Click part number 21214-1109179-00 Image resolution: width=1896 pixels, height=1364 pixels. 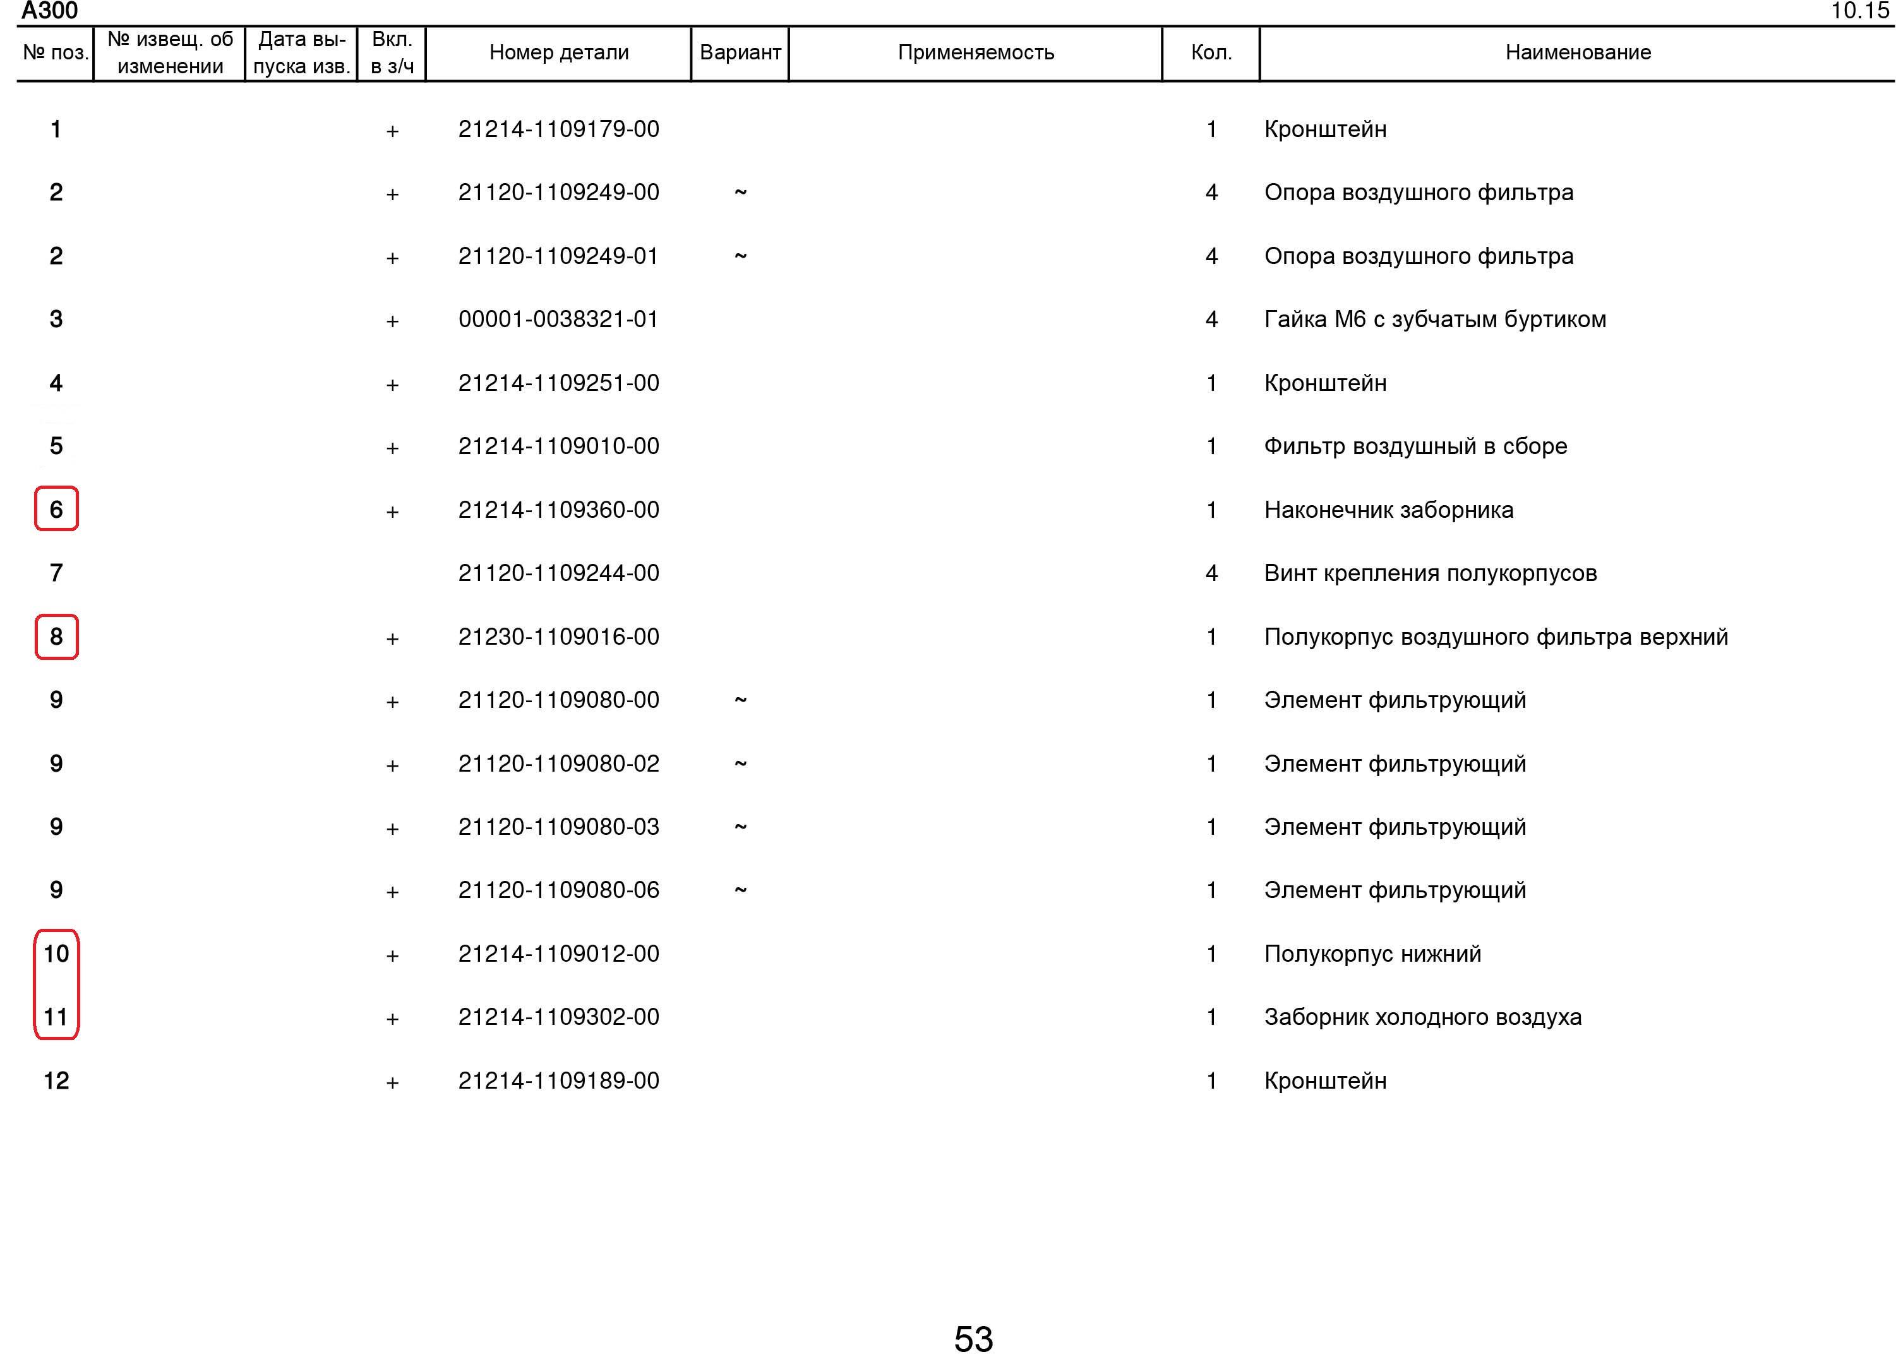pyautogui.click(x=558, y=129)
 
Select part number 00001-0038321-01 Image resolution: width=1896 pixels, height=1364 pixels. pyautogui.click(x=558, y=320)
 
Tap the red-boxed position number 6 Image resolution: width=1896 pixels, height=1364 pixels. pyautogui.click(x=56, y=509)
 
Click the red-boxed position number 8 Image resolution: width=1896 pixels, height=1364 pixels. pyautogui.click(x=56, y=637)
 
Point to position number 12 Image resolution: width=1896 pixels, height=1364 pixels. pyautogui.click(x=56, y=1080)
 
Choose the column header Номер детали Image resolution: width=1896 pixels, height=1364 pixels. pyautogui.click(x=558, y=52)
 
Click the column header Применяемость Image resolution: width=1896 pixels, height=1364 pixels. pyautogui.click(x=976, y=52)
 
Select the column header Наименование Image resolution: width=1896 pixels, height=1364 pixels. pyautogui.click(x=1578, y=52)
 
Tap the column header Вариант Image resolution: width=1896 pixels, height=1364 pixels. pyautogui.click(x=740, y=52)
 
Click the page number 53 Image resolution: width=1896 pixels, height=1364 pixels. pyautogui.click(x=973, y=1339)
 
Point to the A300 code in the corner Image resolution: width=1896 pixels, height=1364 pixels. pyautogui.click(x=49, y=11)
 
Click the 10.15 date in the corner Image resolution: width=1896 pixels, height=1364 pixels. pyautogui.click(x=1859, y=11)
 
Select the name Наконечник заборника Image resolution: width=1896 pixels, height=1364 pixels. pyautogui.click(x=1388, y=510)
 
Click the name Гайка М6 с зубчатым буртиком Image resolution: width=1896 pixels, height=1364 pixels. pyautogui.click(x=1434, y=320)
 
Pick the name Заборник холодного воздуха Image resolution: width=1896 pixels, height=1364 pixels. pyautogui.click(x=1422, y=1017)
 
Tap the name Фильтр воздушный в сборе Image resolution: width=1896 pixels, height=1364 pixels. pyautogui.click(x=1415, y=446)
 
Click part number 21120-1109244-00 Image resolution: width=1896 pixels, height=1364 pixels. pyautogui.click(x=558, y=573)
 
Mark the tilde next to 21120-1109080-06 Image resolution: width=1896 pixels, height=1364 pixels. pyautogui.click(x=740, y=890)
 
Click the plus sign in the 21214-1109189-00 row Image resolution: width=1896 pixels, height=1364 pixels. pyautogui.click(x=392, y=1083)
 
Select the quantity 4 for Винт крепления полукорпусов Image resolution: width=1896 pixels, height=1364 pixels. pyautogui.click(x=1211, y=573)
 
